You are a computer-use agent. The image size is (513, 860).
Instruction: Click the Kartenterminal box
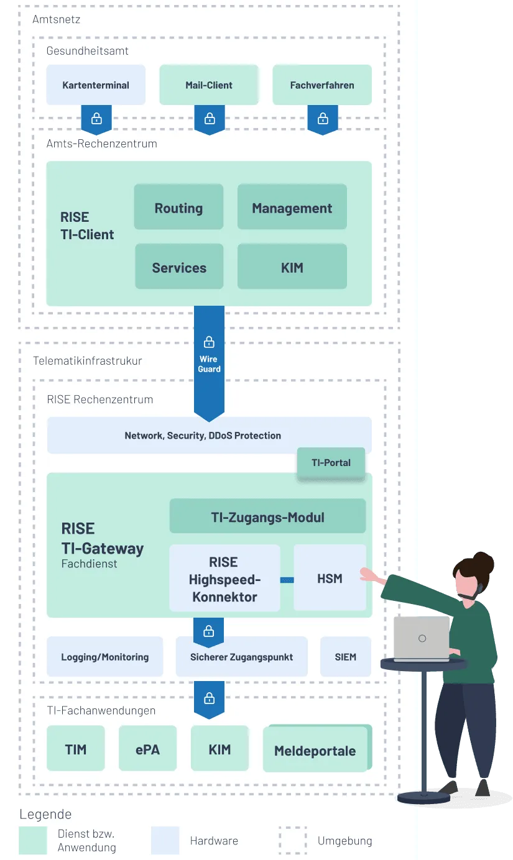96,85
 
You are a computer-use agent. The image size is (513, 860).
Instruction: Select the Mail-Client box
209,85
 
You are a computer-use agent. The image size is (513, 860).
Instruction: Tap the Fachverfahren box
322,85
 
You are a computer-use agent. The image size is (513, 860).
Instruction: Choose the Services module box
179,267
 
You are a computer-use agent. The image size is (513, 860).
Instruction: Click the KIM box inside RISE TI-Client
292,267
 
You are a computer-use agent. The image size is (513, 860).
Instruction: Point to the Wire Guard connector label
209,364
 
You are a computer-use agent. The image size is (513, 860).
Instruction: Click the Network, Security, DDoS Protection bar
209,436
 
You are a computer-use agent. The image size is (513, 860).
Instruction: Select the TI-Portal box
331,463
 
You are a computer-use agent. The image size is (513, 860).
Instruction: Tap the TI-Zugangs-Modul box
267,516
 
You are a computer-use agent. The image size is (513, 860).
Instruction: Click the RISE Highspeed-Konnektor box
225,578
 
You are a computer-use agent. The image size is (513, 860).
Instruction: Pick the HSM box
330,578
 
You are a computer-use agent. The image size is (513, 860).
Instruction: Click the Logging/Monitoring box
105,657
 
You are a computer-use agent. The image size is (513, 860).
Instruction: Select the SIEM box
346,657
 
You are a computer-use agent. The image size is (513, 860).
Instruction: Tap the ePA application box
147,748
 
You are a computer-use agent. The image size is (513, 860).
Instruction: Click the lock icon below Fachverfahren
323,119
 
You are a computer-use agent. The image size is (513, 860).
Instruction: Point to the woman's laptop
422,639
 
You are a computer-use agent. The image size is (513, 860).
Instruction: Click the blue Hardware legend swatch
165,840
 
